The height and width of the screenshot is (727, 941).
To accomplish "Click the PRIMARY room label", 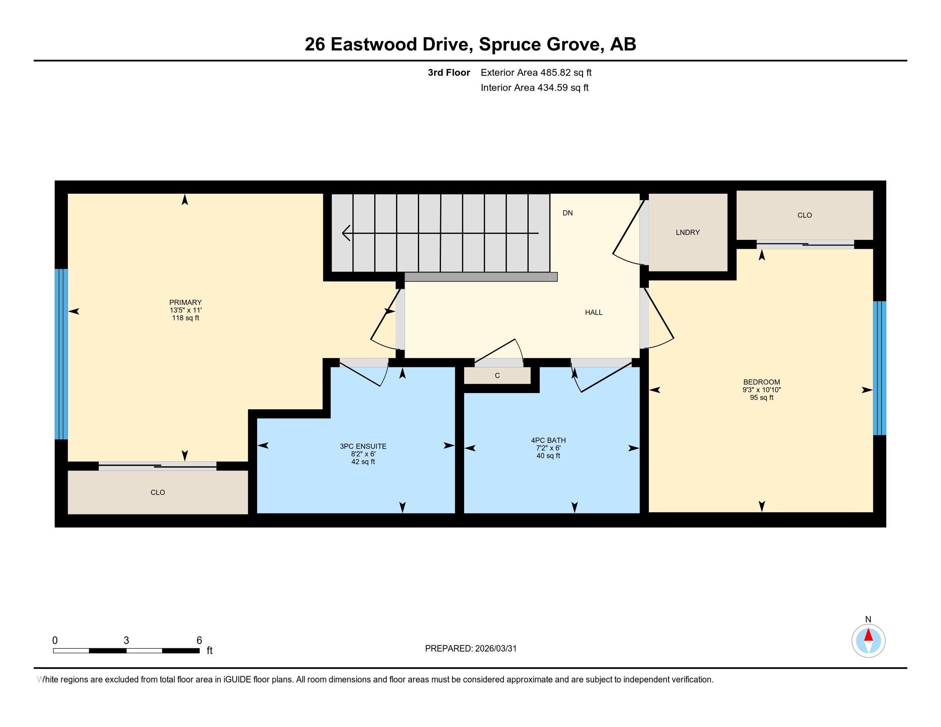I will pyautogui.click(x=185, y=302).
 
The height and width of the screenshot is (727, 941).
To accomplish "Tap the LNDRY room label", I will pyautogui.click(x=688, y=233).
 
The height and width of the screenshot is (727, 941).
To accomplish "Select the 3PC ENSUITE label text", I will pyautogui.click(x=363, y=446).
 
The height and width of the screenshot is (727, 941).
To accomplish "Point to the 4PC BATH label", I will pyautogui.click(x=548, y=440).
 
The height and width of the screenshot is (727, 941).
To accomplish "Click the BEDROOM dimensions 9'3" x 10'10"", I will pyautogui.click(x=761, y=390).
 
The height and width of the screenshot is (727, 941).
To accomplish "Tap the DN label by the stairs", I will pyautogui.click(x=568, y=213).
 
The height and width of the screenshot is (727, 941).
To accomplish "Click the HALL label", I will pyautogui.click(x=593, y=313).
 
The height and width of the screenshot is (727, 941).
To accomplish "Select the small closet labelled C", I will pyautogui.click(x=497, y=375).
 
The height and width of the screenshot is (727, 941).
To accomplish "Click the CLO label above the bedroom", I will pyautogui.click(x=805, y=216).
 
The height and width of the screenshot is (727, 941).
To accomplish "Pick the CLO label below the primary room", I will pyautogui.click(x=158, y=492).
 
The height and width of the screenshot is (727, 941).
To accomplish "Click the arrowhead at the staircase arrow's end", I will pyautogui.click(x=346, y=233).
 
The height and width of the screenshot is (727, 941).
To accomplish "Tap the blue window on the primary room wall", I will pyautogui.click(x=61, y=354).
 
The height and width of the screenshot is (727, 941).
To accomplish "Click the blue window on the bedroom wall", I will pyautogui.click(x=879, y=368).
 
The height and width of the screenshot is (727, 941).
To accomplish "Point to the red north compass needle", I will pyautogui.click(x=868, y=635).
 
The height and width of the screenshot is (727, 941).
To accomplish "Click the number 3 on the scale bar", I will pyautogui.click(x=126, y=641).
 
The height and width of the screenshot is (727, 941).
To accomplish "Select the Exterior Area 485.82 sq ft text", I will pyautogui.click(x=536, y=73).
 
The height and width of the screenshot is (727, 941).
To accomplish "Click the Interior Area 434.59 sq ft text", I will pyautogui.click(x=534, y=88).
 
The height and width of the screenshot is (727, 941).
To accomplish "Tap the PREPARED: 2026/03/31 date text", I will pyautogui.click(x=470, y=649).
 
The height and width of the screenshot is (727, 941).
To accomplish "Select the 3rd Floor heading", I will pyautogui.click(x=449, y=73).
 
